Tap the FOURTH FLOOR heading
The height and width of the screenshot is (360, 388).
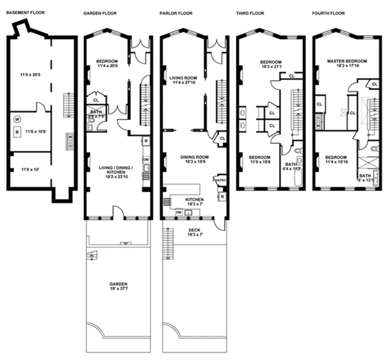(x=329, y=13)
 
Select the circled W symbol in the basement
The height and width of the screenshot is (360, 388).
(x=17, y=119)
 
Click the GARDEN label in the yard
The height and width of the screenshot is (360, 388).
(x=118, y=284)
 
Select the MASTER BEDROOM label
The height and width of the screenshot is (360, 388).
(x=346, y=61)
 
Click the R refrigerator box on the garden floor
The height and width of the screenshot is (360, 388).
(x=146, y=141)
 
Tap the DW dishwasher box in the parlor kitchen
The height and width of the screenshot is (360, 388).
(x=178, y=212)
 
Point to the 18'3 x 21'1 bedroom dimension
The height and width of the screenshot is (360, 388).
(x=270, y=67)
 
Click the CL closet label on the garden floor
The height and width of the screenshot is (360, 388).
(x=95, y=100)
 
